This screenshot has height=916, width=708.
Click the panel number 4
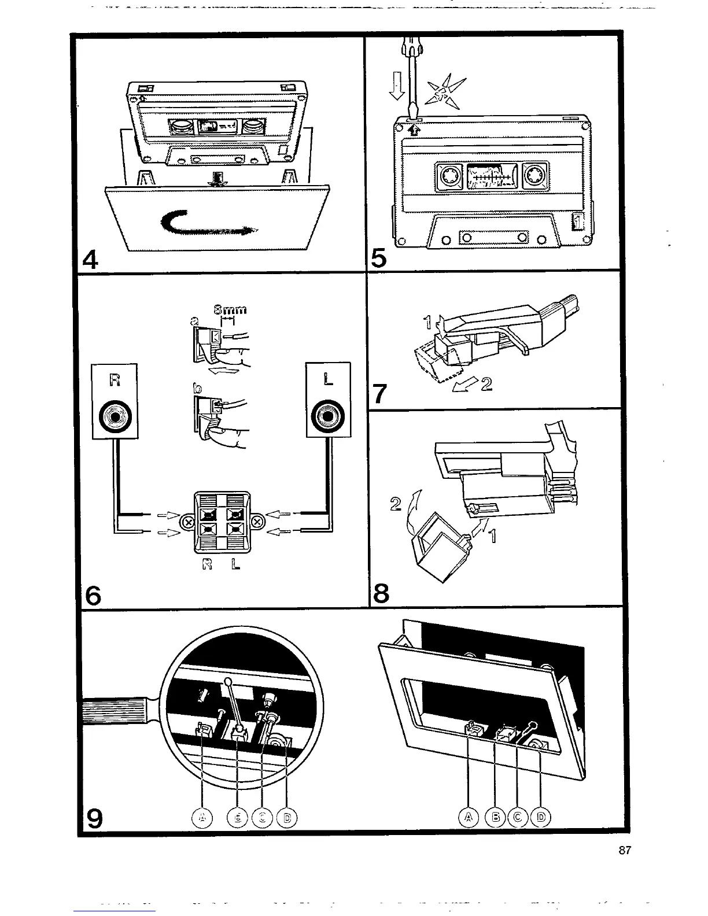coord(91,261)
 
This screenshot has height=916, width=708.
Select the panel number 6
coord(93,594)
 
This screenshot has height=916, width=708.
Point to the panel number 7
coord(379,393)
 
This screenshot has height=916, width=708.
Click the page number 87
coord(624,850)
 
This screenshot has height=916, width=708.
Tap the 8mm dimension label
coord(231,309)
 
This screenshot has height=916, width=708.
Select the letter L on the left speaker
coord(328,380)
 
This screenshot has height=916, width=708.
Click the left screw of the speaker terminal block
coord(187,523)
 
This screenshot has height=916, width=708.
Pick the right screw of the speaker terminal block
coord(258,523)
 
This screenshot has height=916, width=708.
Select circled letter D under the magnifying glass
coord(287,817)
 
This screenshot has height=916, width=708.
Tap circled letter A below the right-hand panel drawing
coord(469,817)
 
